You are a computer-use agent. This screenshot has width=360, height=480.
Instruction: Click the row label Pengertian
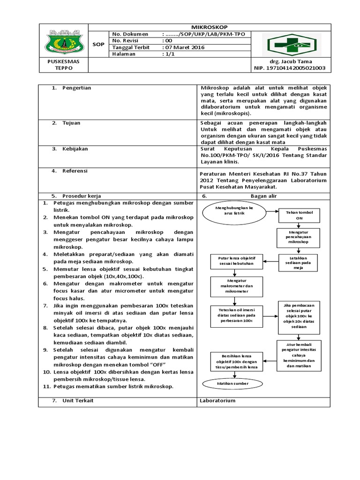76,88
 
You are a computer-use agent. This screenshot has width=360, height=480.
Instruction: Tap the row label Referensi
75,171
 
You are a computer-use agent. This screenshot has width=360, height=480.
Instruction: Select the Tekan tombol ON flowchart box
299,215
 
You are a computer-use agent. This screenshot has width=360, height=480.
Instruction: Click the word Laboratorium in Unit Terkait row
217,401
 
